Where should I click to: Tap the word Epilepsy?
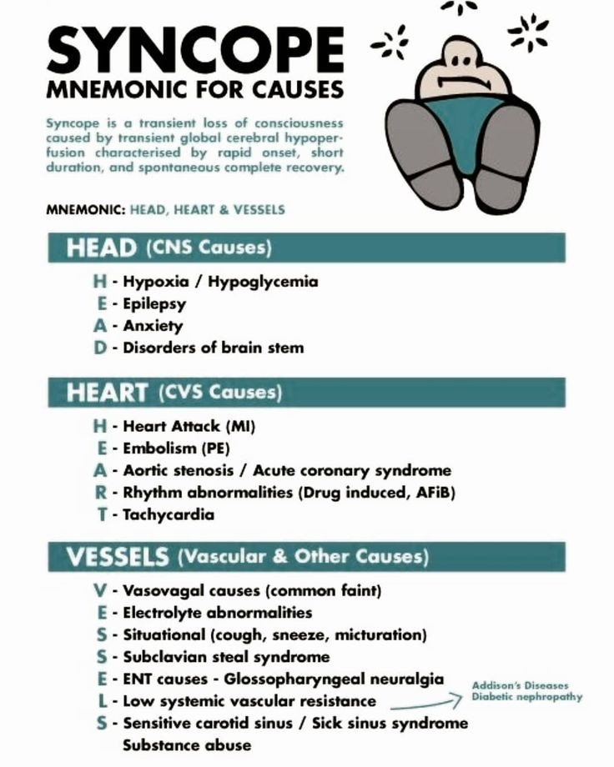[154, 303]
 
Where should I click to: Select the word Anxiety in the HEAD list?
[153, 326]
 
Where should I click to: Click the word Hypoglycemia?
[263, 281]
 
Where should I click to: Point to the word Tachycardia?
[169, 514]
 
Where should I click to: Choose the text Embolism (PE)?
[176, 449]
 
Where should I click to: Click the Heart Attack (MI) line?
[189, 426]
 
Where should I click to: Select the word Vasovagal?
[158, 591]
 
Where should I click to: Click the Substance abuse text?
[187, 744]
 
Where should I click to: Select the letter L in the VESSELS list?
[101, 701]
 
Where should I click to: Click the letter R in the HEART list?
[101, 493]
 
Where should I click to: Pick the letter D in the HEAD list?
[101, 348]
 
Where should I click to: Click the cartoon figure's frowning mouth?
[460, 84]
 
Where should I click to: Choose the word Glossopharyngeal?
[285, 679]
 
